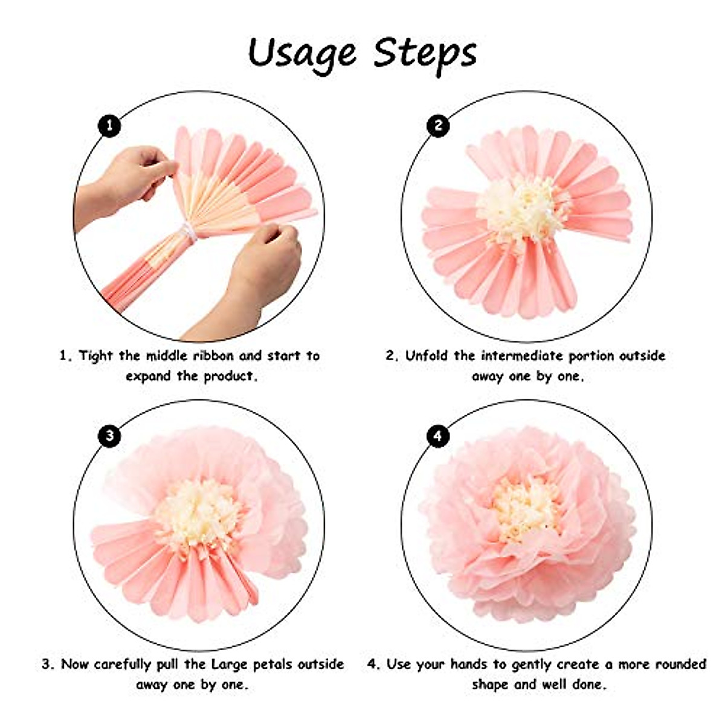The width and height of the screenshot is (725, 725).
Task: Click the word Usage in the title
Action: click(302, 54)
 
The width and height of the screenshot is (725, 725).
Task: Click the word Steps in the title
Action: click(425, 54)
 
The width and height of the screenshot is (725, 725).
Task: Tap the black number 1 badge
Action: click(109, 126)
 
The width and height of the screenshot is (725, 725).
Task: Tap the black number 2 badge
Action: click(438, 126)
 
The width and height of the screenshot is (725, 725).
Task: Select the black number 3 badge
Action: click(109, 436)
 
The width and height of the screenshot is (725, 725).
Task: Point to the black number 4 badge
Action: click(438, 436)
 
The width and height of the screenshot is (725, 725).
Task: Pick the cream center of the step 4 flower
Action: click(524, 507)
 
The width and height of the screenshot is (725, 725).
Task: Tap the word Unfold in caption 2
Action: click(427, 356)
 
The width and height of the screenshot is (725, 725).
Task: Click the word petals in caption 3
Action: click(272, 665)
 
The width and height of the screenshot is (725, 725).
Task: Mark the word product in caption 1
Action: click(228, 376)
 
